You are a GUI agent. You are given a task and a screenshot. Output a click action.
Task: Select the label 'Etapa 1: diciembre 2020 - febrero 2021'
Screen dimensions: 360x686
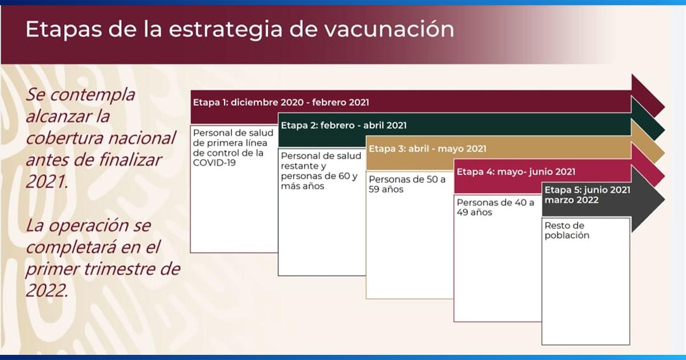pos(280,102)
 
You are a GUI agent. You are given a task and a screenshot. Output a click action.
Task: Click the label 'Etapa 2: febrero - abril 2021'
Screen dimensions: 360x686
pos(344,125)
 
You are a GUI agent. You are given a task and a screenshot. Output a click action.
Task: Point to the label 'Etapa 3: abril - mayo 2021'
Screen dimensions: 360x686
pos(428,149)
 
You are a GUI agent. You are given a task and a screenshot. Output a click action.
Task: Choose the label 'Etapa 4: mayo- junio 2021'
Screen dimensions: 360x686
pos(516,171)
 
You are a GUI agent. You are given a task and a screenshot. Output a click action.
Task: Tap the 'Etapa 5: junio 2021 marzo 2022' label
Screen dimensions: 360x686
pos(587,195)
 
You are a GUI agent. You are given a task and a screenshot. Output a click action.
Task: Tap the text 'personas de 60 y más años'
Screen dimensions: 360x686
pos(321,181)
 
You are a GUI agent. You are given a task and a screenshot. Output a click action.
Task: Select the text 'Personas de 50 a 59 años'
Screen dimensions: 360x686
pos(406,184)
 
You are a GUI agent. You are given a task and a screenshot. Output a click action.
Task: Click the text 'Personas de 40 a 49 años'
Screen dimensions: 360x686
pos(495,207)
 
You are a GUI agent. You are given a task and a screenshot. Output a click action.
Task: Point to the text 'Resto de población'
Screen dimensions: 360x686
pos(567,230)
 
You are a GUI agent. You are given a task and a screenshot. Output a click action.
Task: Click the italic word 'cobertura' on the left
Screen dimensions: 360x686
pos(66,138)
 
